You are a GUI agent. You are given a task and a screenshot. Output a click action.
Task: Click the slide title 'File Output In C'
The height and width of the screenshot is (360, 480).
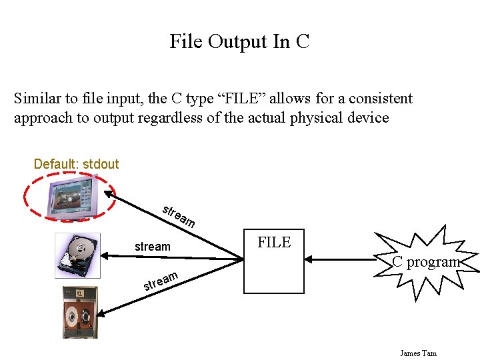pyautogui.click(x=239, y=41)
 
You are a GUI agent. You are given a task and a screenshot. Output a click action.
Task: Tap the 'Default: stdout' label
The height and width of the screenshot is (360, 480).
pyautogui.click(x=76, y=164)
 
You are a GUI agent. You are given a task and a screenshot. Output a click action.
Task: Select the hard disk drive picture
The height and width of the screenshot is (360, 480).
pyautogui.click(x=78, y=255)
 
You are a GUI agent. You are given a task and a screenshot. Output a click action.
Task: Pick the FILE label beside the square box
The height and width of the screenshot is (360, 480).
pyautogui.click(x=274, y=242)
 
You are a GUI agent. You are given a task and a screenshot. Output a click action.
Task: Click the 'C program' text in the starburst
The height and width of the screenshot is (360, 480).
pyautogui.click(x=426, y=262)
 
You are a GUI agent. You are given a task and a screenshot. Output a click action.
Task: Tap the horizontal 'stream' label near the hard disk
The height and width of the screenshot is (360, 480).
pyautogui.click(x=152, y=247)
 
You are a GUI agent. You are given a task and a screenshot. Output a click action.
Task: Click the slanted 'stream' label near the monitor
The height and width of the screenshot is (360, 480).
pyautogui.click(x=178, y=214)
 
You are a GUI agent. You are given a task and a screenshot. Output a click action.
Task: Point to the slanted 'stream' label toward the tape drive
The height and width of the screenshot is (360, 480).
pyautogui.click(x=161, y=282)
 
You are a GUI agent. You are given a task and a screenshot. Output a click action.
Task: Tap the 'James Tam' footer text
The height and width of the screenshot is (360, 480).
pyautogui.click(x=418, y=353)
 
